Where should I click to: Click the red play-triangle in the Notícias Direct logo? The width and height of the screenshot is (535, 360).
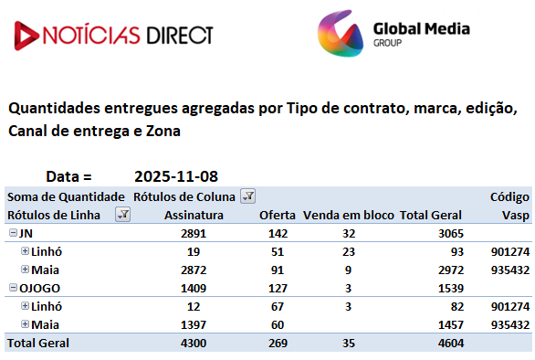point(26,36)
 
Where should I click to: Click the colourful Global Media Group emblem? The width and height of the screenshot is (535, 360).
point(341,34)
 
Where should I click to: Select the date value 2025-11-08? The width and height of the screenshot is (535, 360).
point(176,176)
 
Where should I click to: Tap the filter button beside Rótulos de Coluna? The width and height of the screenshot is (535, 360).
point(247,196)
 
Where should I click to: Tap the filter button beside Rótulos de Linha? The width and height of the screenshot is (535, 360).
point(123,215)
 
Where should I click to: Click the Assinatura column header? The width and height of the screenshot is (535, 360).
point(194,216)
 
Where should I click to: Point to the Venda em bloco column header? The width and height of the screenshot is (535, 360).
point(349,216)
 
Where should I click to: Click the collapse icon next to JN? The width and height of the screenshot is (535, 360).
point(13,233)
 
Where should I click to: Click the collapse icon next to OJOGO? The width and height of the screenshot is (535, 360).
point(13,288)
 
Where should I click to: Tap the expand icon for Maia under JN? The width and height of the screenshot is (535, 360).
point(25,270)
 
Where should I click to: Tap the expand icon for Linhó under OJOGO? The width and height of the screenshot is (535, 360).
point(25,306)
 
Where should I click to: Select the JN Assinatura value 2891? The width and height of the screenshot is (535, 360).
point(194,234)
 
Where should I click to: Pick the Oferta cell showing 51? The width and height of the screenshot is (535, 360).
point(278,252)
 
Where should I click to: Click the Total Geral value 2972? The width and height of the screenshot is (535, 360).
point(451,270)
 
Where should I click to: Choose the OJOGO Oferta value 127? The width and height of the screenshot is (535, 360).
point(278,288)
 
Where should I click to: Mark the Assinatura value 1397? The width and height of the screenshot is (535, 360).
point(194,324)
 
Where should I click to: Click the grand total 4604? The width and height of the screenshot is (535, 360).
point(451,343)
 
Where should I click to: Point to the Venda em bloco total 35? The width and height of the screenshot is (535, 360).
point(349,343)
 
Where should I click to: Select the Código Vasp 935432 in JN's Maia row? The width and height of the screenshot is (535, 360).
point(510,270)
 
